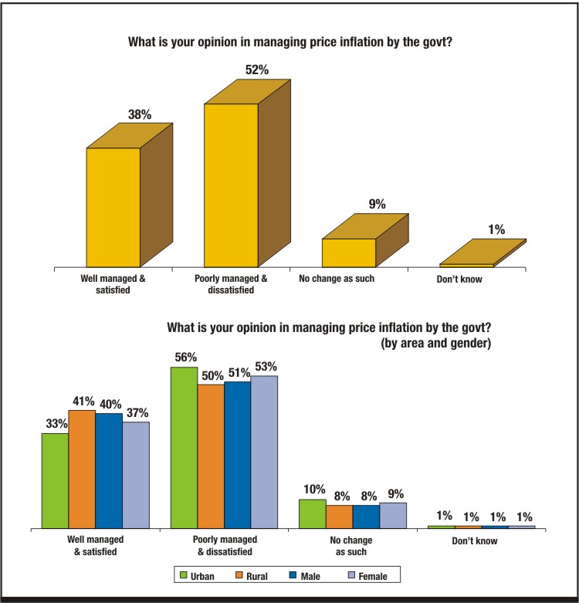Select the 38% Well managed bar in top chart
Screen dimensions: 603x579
click(x=113, y=206)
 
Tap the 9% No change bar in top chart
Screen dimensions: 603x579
click(x=349, y=252)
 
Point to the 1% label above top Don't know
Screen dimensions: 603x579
click(x=496, y=229)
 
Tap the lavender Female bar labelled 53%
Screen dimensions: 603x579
click(x=263, y=452)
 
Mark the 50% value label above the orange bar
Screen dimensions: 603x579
click(x=210, y=375)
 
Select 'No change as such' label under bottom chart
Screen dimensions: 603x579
click(x=352, y=546)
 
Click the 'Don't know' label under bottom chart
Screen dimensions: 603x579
click(x=475, y=541)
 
